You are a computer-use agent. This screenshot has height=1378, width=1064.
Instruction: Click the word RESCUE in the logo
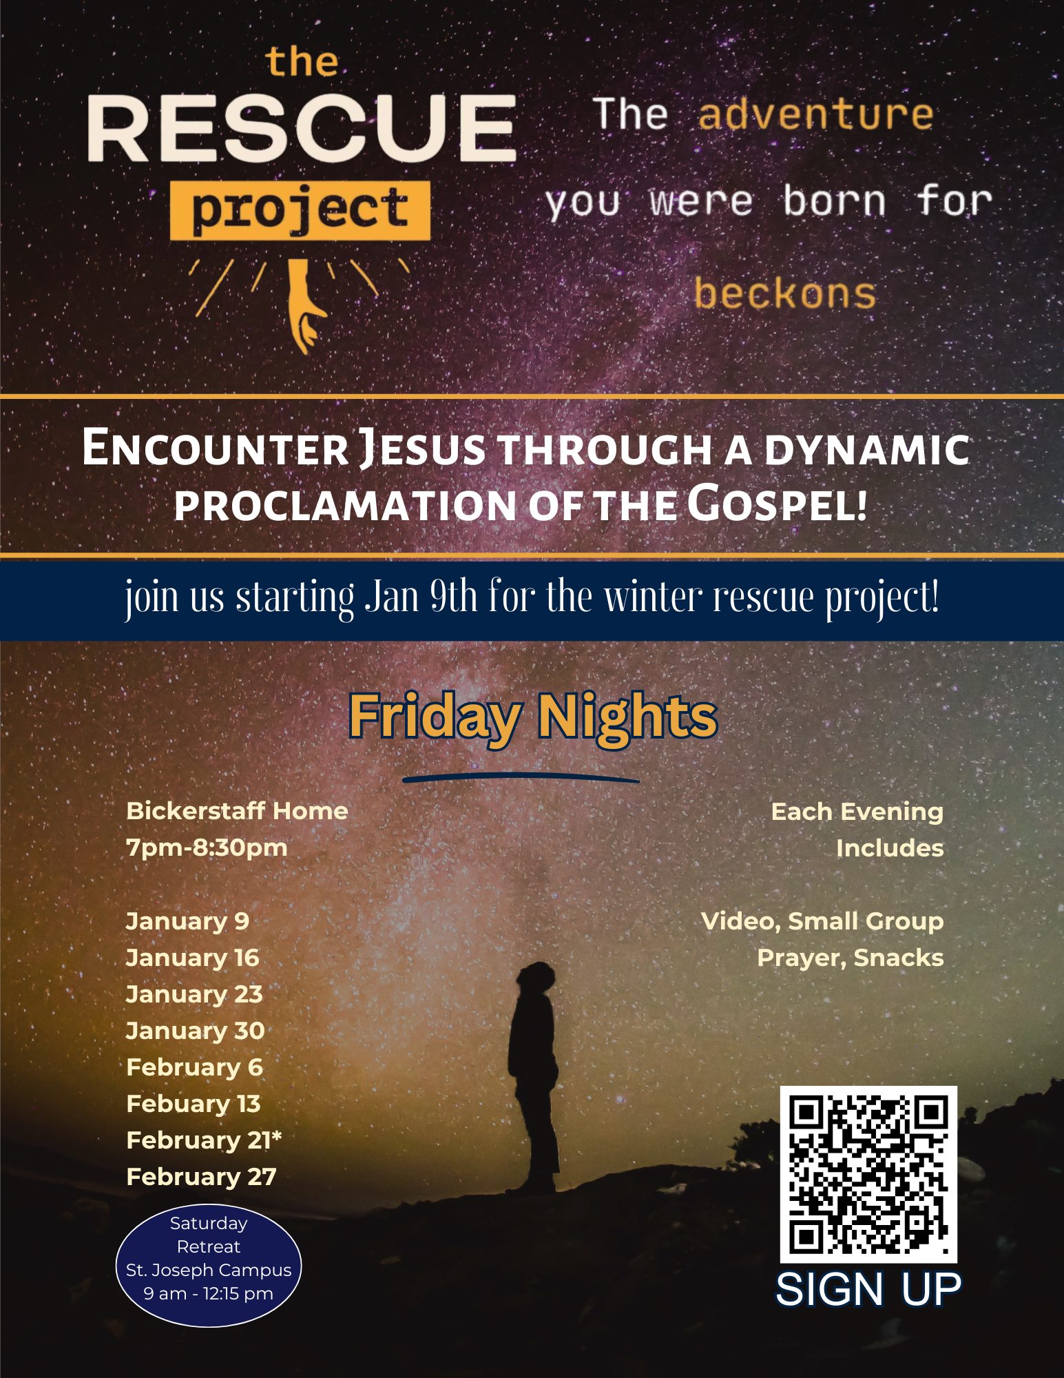(302, 128)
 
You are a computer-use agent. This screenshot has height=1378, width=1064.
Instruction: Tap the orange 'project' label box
(300, 210)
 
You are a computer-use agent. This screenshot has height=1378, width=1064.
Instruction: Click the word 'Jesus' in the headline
(422, 449)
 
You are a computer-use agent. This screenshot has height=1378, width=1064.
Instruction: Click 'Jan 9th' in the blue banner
(421, 596)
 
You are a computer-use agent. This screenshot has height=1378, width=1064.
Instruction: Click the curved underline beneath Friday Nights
(521, 777)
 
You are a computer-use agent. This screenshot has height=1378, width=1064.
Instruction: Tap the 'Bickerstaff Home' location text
(237, 811)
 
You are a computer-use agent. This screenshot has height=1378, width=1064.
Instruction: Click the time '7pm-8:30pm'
(207, 847)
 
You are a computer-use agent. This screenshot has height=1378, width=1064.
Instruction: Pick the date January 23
(194, 994)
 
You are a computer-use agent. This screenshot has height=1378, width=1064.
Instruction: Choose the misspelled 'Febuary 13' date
(194, 1104)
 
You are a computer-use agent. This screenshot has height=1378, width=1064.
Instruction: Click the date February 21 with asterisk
(204, 1140)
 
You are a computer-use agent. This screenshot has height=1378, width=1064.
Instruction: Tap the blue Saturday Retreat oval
(209, 1266)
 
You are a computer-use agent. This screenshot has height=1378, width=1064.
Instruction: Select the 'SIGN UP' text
(868, 1289)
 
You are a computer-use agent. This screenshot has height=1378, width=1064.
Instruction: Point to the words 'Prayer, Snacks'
(851, 958)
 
